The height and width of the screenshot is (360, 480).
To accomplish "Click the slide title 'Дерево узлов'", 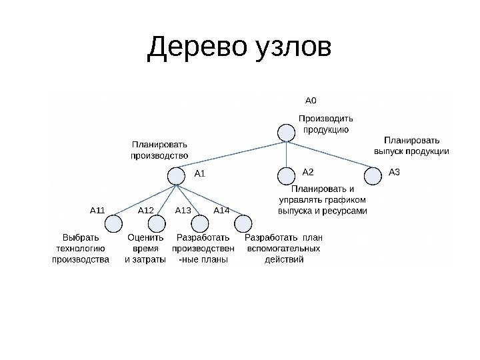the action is pos(239,47).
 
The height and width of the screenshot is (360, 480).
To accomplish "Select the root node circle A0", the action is pos(287,133).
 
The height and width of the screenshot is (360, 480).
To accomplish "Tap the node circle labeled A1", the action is pos(176,175).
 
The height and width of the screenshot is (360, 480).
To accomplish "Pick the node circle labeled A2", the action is pos(286,175).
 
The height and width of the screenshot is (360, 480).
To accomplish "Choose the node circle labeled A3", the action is pos(373,175).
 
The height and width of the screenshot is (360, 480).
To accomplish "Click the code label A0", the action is pos(311,101).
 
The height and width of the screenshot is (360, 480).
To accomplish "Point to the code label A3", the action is pos(394,173).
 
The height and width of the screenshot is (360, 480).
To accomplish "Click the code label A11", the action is pos(98,211).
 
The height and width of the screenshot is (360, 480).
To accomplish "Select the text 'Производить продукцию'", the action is pos(326,123).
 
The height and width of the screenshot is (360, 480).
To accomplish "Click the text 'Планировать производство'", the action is pos(159,149).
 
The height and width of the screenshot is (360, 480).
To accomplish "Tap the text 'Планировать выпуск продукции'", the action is pos(411,146).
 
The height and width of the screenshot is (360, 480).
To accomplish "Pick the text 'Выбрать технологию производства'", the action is pos(81,249).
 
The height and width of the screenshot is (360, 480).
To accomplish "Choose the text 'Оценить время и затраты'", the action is pos(145,249).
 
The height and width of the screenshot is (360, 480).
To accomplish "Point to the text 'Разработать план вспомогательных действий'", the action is pos(284,249).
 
